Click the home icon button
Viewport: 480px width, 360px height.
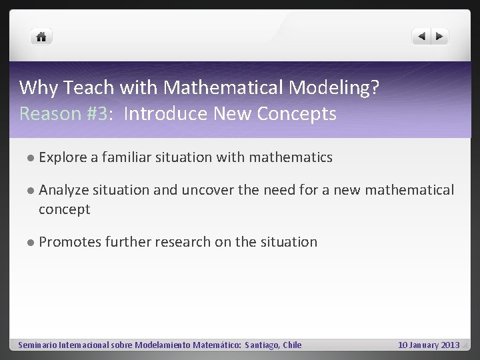point(41,37)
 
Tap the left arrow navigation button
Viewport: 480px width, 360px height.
point(421,37)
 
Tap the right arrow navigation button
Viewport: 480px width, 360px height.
point(440,37)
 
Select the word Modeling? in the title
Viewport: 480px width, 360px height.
point(342,87)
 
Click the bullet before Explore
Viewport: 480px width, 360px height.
point(31,158)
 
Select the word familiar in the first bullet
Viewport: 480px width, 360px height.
point(127,157)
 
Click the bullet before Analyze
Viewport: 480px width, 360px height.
point(31,191)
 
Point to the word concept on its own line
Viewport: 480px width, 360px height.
point(64,209)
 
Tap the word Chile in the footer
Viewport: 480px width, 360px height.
point(291,345)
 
